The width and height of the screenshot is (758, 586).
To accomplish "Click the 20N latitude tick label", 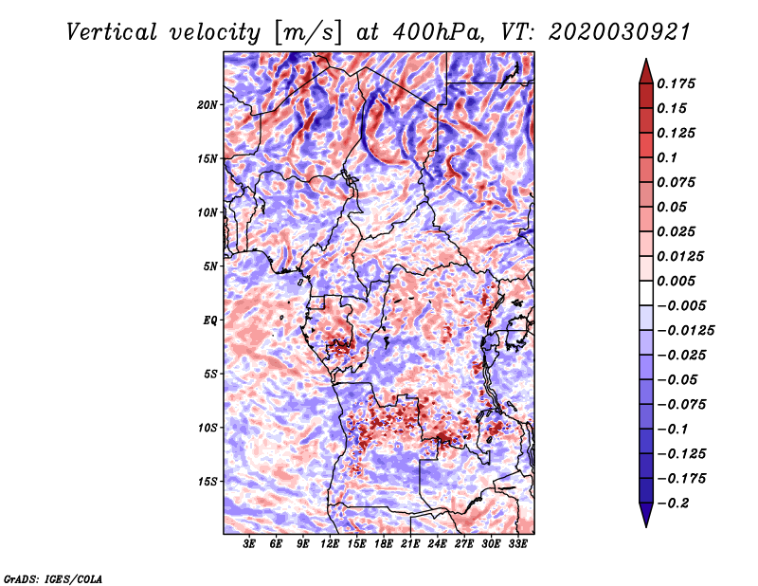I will click(208, 104).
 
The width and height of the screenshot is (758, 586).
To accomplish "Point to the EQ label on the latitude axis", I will click(209, 320).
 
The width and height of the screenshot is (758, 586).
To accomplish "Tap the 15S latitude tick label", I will click(208, 481).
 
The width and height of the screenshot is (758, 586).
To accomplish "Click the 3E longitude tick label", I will click(250, 544).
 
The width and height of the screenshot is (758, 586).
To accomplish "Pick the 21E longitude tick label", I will click(410, 544).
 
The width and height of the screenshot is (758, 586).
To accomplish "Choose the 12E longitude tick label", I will click(330, 544).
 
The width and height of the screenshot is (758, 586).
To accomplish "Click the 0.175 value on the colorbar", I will click(679, 83).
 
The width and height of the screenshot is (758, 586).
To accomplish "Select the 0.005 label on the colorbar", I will click(679, 281).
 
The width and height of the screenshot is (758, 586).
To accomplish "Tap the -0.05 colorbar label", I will click(680, 379).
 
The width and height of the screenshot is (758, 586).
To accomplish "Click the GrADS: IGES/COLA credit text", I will click(53, 577).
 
